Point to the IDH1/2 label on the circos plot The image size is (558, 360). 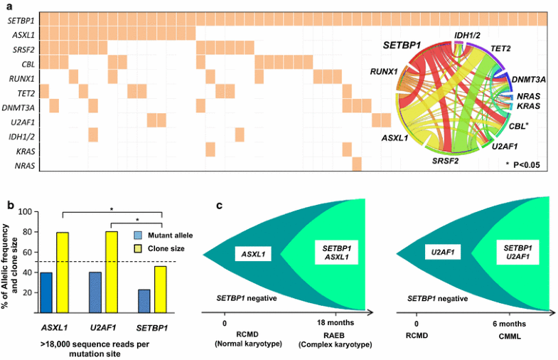471,36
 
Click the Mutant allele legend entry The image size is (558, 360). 166,234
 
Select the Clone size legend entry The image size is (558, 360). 161,248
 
